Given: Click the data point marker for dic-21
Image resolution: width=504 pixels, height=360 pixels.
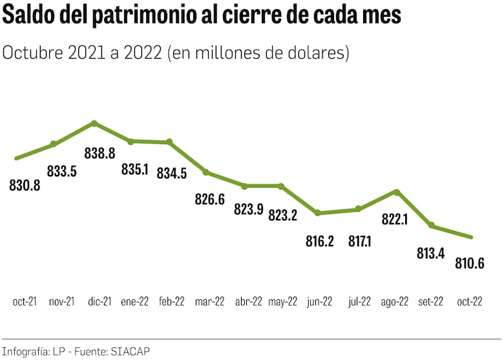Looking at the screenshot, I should point(94,123).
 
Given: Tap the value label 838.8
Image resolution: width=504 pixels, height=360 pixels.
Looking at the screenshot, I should point(100,153).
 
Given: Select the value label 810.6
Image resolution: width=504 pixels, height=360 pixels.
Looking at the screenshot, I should point(469,264).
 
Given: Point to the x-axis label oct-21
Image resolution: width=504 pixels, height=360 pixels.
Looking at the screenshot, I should point(25,302).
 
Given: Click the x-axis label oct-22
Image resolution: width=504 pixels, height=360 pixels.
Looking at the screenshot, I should point(469,302).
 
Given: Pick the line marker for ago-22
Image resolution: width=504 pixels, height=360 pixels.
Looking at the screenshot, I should point(397,191).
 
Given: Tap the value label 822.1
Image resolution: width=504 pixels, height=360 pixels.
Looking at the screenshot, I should point(395,220).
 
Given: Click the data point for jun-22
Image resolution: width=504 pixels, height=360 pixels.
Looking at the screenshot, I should point(317,213).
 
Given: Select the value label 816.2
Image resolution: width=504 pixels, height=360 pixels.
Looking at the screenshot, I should point(320,241).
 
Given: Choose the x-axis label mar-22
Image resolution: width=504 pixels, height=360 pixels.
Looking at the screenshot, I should point(209,302).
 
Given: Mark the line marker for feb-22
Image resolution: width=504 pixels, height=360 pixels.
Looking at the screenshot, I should point(169,142).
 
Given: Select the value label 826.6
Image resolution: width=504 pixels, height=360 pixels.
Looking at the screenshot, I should point(209,200).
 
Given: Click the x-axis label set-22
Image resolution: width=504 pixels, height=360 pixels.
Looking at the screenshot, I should point(431,302).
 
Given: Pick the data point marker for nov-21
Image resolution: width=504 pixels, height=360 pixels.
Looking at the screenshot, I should point(54,144).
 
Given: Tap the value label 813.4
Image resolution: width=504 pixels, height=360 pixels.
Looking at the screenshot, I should point(430,253).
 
